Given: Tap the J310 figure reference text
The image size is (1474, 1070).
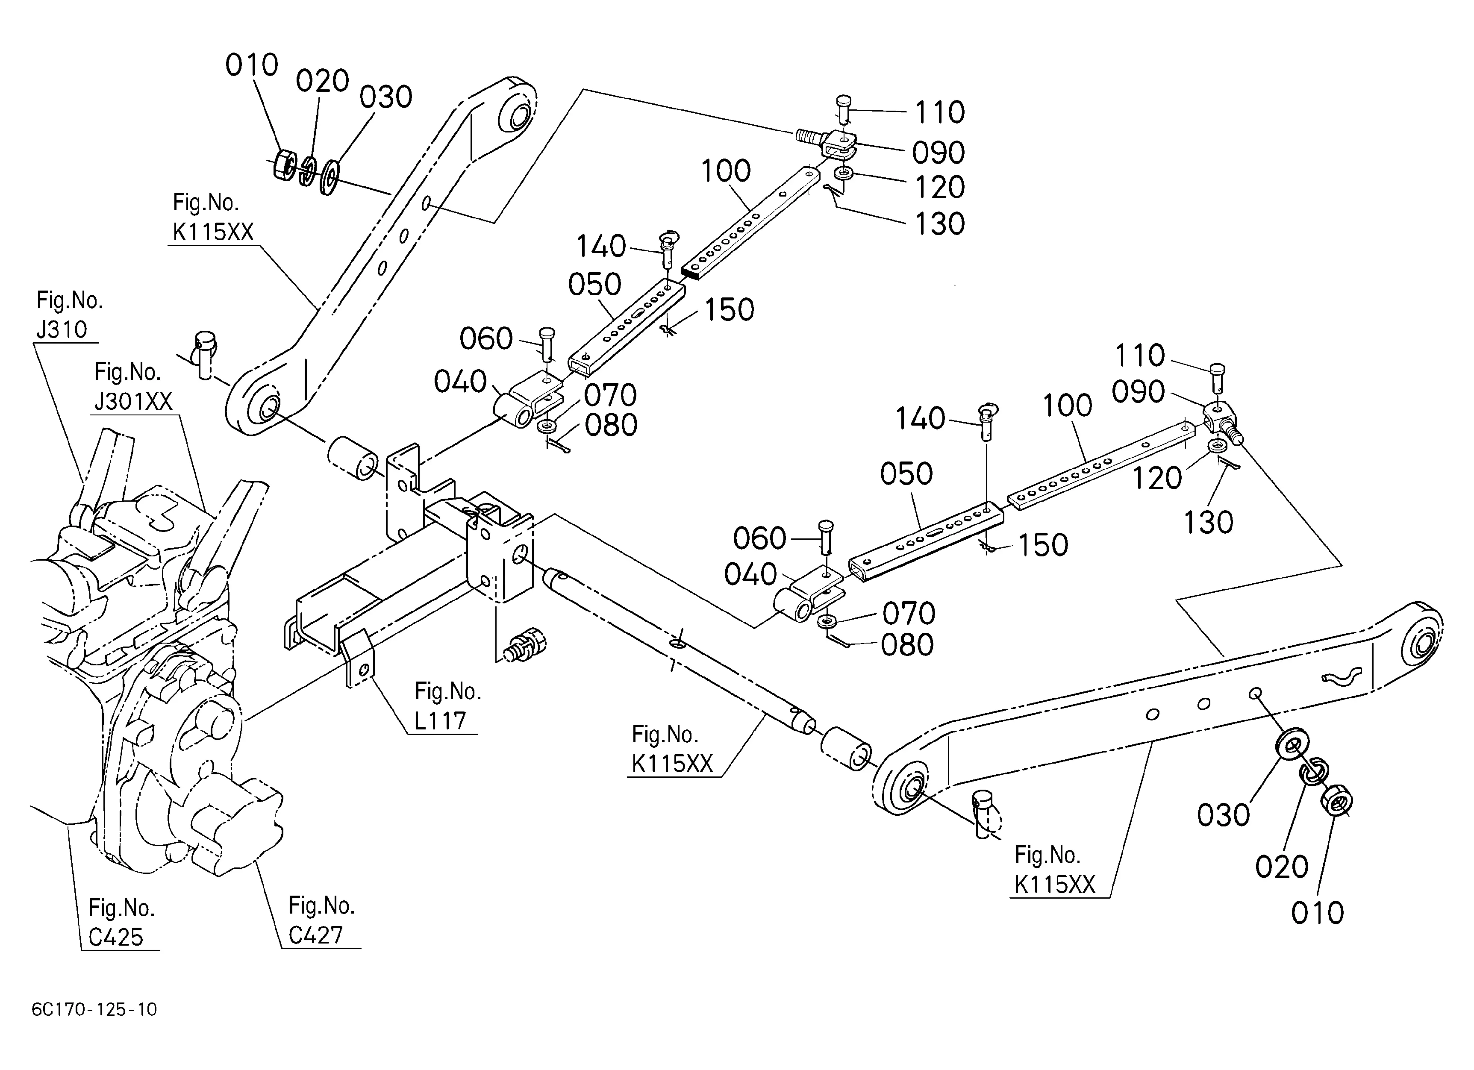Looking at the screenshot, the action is point(62,329).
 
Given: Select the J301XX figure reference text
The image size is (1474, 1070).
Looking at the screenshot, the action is point(134,402).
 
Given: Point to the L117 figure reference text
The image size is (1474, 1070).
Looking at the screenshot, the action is point(441,720).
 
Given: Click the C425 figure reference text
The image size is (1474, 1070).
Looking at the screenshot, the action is point(116,937).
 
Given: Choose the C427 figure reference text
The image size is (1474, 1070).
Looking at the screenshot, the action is point(316,935).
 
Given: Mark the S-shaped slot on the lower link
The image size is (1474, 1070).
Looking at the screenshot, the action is point(1339,676).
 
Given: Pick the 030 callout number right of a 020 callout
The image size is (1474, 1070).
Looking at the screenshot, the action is point(386,97).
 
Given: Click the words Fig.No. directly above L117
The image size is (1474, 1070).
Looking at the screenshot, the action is point(448,691).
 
